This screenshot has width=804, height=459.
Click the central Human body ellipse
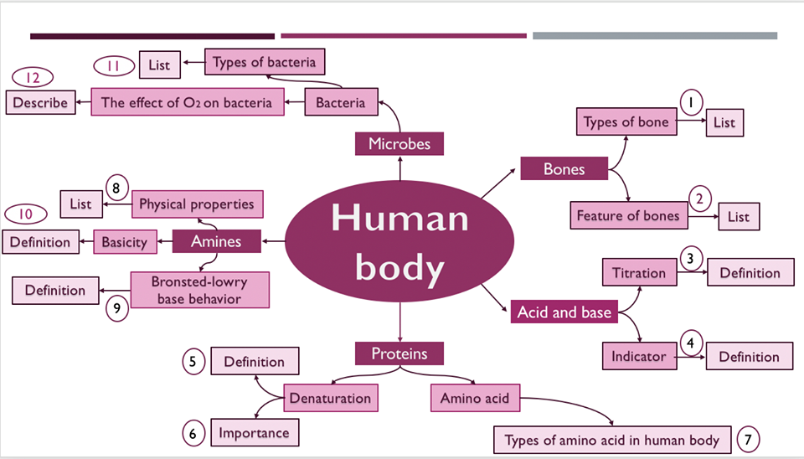pos(400,243)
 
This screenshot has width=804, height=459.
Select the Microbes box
pos(399,144)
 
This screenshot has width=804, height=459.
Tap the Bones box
pos(564,169)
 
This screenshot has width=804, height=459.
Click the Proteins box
pos(399,353)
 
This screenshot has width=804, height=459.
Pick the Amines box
pos(216,241)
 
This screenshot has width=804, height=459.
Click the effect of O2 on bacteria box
pos(186,103)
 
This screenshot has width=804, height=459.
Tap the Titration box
pos(639,273)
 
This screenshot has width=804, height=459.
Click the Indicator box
pos(639,356)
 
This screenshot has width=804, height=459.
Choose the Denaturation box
pos(329,398)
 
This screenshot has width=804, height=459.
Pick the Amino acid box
pos(474,398)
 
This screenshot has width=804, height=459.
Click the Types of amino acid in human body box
pos(611,440)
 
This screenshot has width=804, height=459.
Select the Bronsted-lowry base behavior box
pos(199,290)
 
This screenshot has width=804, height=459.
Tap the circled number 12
pos(33,78)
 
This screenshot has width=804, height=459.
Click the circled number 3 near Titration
pos(689,258)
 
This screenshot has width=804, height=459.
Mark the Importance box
pos(254,433)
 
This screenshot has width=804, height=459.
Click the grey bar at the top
pos(654,36)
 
